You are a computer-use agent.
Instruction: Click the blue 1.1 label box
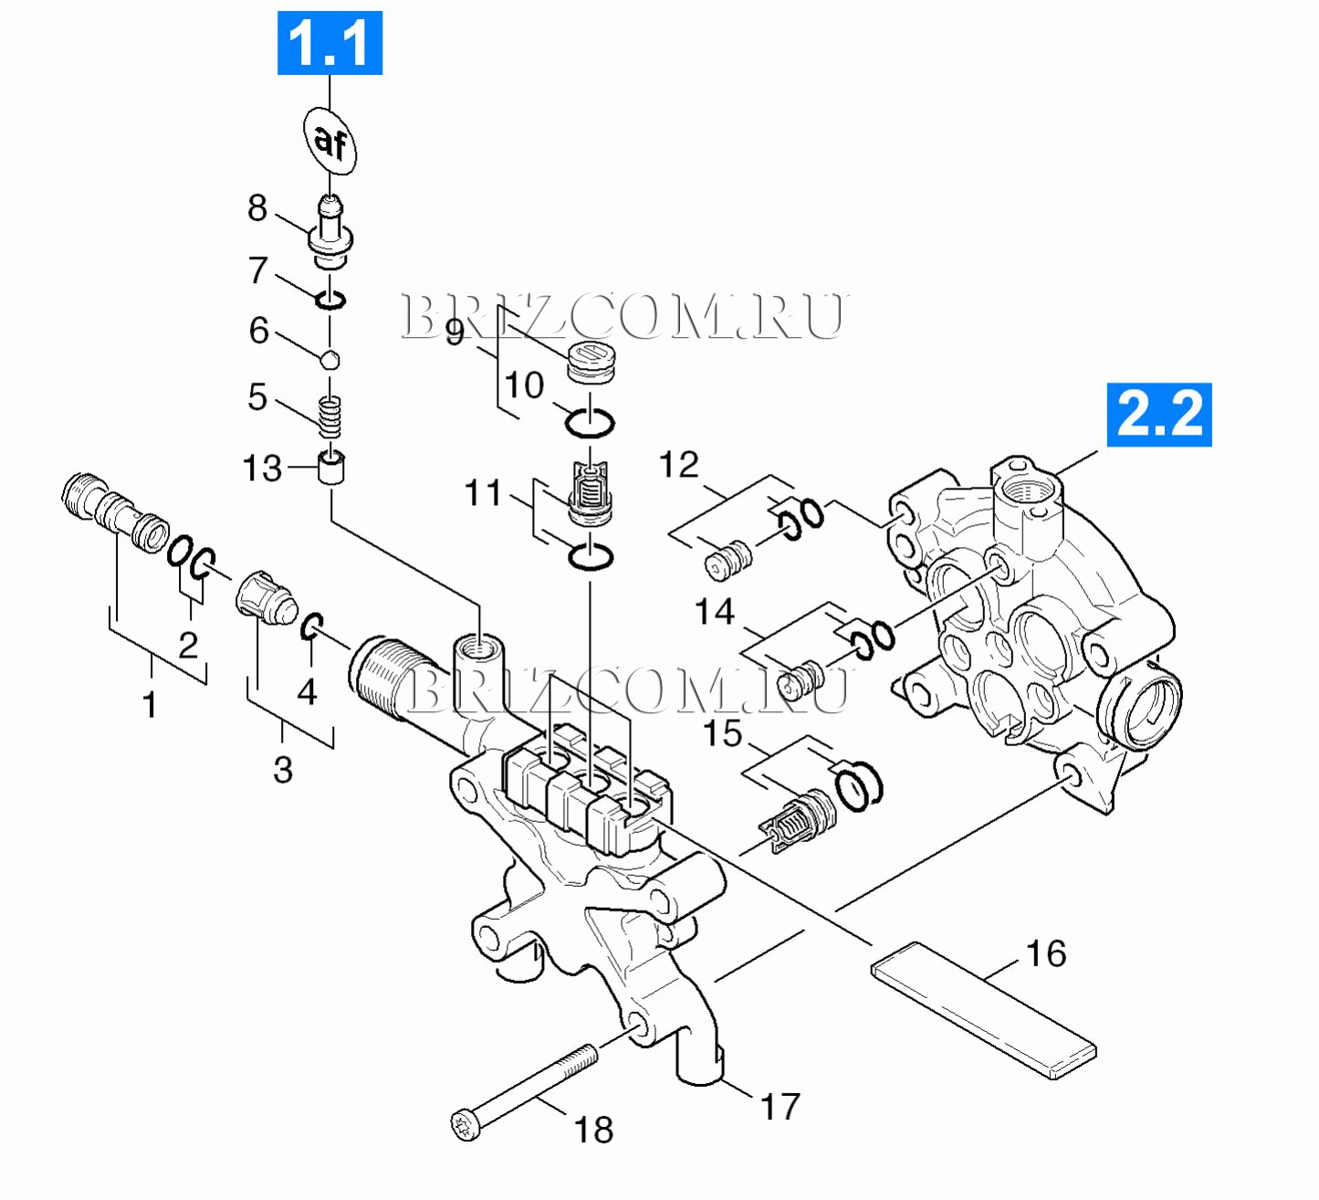[x=330, y=43]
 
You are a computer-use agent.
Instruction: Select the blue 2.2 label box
[x=1159, y=415]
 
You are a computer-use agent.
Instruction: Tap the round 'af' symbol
[x=330, y=142]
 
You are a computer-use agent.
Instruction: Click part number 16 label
[x=1046, y=953]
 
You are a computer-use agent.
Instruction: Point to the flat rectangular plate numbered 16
[x=983, y=1011]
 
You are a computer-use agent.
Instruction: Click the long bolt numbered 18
[x=525, y=1089]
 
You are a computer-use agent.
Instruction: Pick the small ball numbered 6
[x=330, y=359]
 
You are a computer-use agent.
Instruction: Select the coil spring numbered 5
[x=331, y=417]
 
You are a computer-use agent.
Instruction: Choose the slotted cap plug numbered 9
[x=590, y=362]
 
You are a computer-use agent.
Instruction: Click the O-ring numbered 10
[x=590, y=423]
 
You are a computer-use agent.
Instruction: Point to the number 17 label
[x=780, y=1107]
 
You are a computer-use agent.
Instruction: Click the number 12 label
[x=679, y=465]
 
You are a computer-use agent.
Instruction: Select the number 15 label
[x=722, y=733]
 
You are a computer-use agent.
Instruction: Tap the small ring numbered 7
[x=330, y=300]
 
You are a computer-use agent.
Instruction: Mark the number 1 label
[x=150, y=705]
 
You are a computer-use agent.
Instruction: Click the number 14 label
[x=714, y=611]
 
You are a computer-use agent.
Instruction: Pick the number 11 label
[x=484, y=493]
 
